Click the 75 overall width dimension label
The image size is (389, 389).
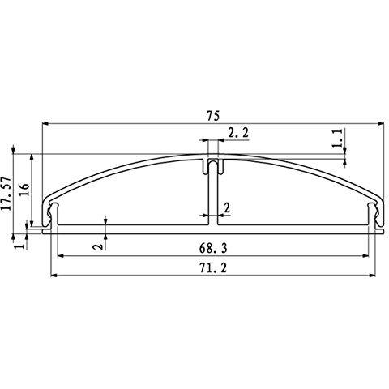point(213,116)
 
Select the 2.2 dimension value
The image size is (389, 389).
point(238,133)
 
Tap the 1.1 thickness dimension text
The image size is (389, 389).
point(337,139)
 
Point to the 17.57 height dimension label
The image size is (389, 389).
point(6,194)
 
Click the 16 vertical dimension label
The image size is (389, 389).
point(24,190)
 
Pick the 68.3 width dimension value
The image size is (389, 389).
point(213,249)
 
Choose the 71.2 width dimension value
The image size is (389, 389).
point(213,268)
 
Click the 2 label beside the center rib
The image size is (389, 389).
point(227,207)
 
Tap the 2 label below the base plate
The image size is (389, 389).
point(98,246)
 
